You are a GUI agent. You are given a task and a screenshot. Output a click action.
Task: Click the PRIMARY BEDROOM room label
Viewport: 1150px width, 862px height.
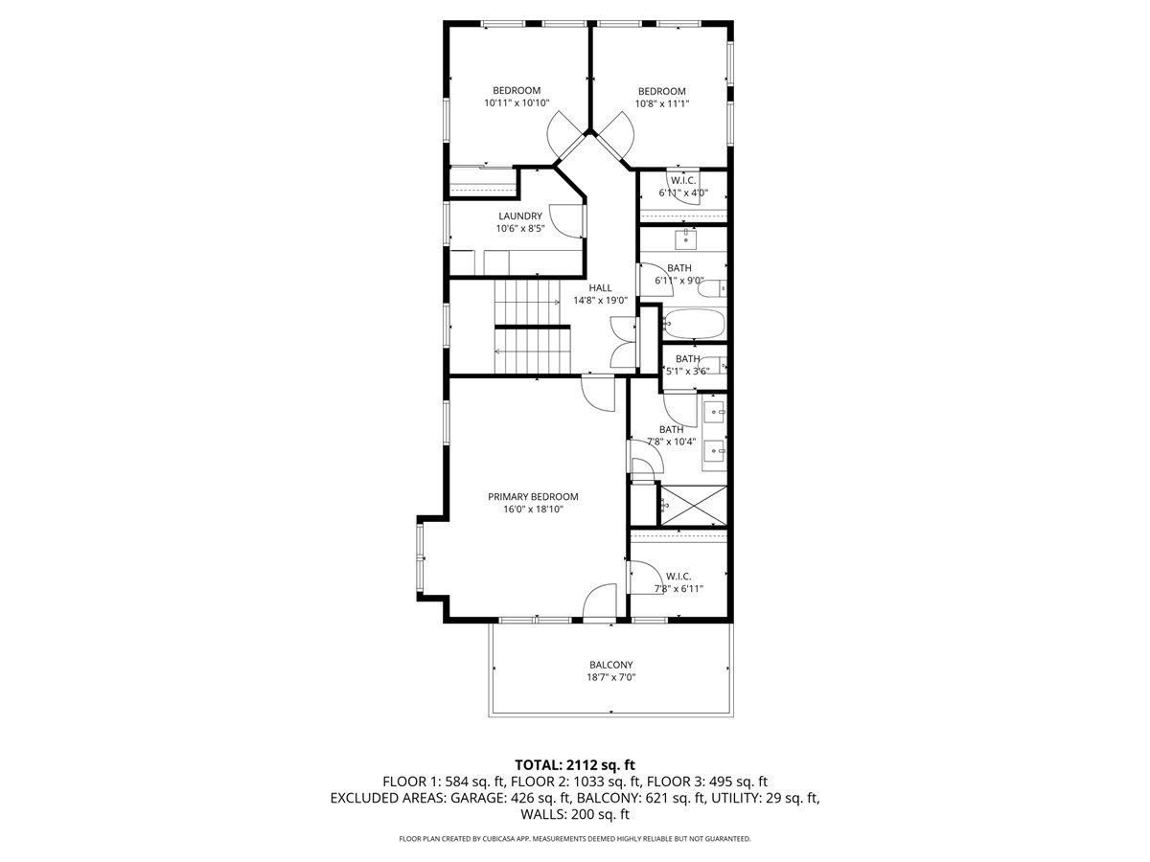533,496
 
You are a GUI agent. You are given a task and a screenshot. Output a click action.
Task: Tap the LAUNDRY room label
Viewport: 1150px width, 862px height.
520,216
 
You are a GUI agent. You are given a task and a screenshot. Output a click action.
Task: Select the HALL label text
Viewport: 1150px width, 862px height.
600,287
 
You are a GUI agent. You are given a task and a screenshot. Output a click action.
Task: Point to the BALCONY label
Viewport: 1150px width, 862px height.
610,665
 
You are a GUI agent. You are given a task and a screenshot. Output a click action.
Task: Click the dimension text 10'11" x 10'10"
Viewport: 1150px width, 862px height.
517,103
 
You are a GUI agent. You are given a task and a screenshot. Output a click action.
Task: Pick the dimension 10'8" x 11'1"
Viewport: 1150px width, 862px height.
662,103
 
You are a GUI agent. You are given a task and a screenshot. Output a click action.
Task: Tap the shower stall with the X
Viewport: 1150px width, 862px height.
693,505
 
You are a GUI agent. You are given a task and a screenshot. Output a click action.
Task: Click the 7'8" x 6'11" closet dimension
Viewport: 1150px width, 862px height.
678,589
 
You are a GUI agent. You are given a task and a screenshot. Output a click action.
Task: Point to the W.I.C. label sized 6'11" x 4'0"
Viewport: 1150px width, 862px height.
683,180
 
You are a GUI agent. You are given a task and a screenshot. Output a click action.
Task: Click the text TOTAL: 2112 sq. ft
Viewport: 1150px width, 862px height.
575,764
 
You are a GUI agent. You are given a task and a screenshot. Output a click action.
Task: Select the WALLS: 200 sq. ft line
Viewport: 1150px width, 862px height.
575,815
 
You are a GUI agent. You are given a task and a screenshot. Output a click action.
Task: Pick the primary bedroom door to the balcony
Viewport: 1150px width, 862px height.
601,603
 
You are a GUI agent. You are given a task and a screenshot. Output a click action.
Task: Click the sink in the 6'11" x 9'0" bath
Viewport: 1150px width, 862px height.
686,237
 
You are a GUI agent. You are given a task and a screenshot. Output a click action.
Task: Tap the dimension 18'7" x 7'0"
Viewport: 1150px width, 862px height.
610,677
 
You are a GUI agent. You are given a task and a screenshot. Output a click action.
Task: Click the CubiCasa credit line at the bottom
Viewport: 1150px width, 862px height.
575,839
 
